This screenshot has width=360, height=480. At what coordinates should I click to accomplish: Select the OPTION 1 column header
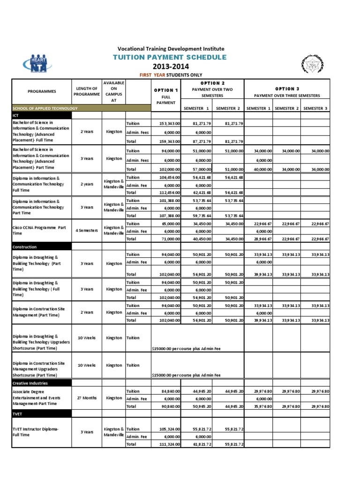(x=166, y=90)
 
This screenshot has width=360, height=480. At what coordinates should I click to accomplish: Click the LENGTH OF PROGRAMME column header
(x=86, y=91)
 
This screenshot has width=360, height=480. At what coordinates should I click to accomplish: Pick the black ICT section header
(x=41, y=115)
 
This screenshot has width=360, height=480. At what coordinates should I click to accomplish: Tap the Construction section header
(x=41, y=247)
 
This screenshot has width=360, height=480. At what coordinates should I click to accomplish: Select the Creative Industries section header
(x=41, y=383)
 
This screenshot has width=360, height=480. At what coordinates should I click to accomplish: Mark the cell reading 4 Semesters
(x=86, y=231)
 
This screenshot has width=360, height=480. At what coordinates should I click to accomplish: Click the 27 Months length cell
(x=86, y=398)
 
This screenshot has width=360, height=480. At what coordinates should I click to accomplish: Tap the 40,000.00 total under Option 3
(x=258, y=169)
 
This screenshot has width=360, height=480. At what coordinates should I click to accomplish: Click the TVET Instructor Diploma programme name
(x=36, y=432)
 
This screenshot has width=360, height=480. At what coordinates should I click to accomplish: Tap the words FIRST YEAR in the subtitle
(x=153, y=75)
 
